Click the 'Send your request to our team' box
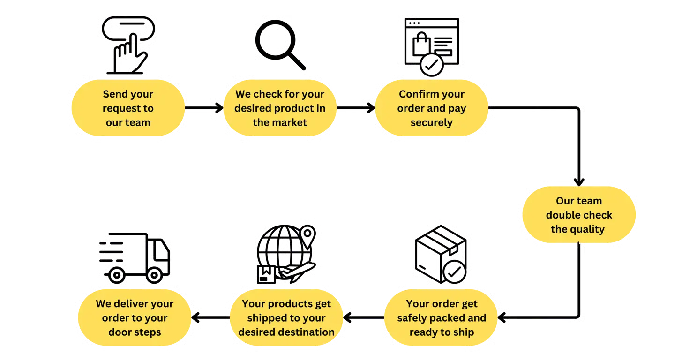tap(127, 108)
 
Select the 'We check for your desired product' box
tap(280, 108)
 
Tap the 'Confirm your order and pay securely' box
tap(432, 108)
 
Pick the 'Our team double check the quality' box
tap(579, 215)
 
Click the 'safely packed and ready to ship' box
tap(442, 318)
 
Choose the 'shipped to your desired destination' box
tap(286, 318)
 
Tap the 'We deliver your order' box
tap(135, 318)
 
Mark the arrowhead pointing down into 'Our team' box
tap(580, 180)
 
